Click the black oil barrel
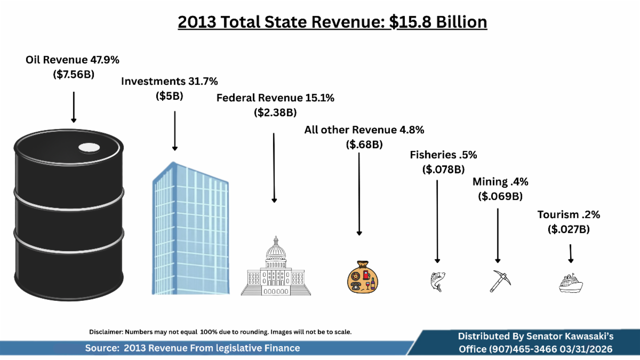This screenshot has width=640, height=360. pyautogui.click(x=69, y=213)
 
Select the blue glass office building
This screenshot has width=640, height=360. pyautogui.click(x=190, y=229)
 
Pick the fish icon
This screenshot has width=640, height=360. pyautogui.click(x=437, y=281)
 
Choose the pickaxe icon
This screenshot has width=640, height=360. pyautogui.click(x=500, y=281)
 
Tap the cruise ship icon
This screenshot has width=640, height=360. pyautogui.click(x=571, y=283)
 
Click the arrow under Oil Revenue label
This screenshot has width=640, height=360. pyautogui.click(x=74, y=107)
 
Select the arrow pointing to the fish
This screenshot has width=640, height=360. pyautogui.click(x=437, y=221)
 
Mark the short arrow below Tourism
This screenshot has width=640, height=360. pyautogui.click(x=571, y=253)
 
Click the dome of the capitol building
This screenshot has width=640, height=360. pyautogui.click(x=275, y=249)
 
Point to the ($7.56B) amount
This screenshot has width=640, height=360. pyautogui.click(x=74, y=75)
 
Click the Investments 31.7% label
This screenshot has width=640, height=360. pyautogui.click(x=170, y=81)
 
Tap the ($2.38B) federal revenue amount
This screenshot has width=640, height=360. pyautogui.click(x=275, y=113)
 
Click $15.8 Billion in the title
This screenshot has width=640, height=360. pyautogui.click(x=438, y=22)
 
